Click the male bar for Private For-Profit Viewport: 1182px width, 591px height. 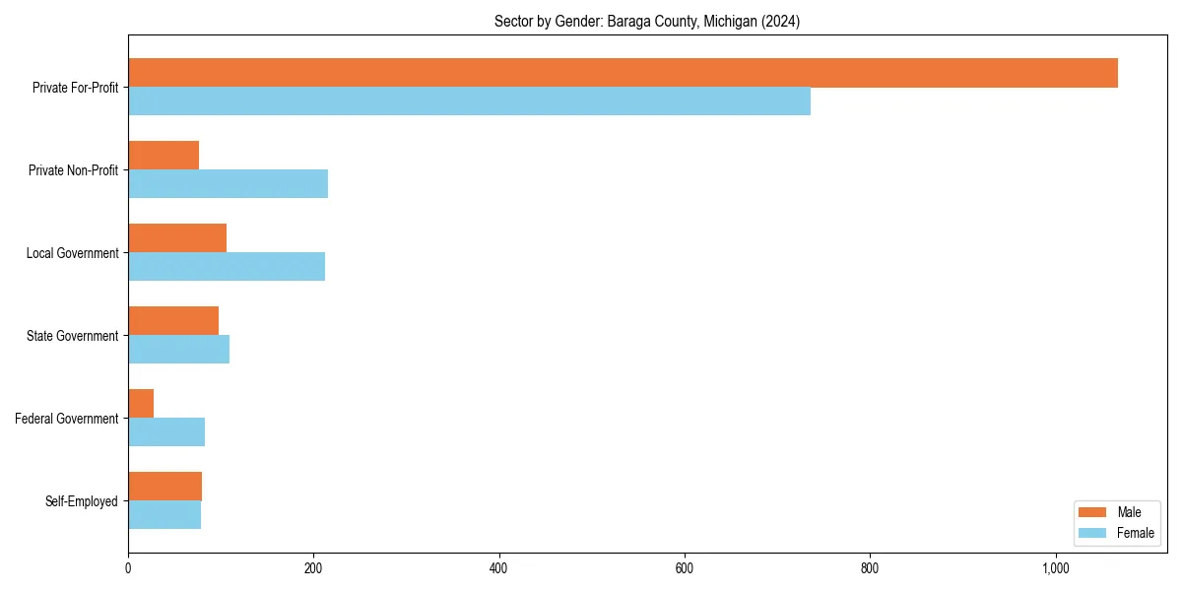(x=623, y=73)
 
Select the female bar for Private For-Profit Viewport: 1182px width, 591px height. (x=469, y=101)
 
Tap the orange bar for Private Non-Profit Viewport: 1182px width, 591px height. (x=164, y=156)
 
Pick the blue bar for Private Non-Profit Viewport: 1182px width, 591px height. (x=228, y=184)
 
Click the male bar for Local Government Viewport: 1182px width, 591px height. (x=177, y=238)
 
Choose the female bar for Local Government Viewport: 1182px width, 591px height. (x=227, y=267)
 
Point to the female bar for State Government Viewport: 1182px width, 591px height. (x=178, y=350)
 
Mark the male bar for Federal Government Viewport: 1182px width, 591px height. (x=141, y=404)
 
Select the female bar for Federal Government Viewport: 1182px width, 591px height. (x=166, y=432)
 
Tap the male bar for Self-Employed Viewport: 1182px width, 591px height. (x=164, y=487)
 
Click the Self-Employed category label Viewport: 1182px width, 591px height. (x=81, y=501)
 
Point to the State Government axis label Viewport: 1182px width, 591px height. (x=72, y=336)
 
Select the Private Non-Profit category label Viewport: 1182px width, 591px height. (x=73, y=170)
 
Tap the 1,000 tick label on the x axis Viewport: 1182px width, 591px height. (x=1055, y=568)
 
